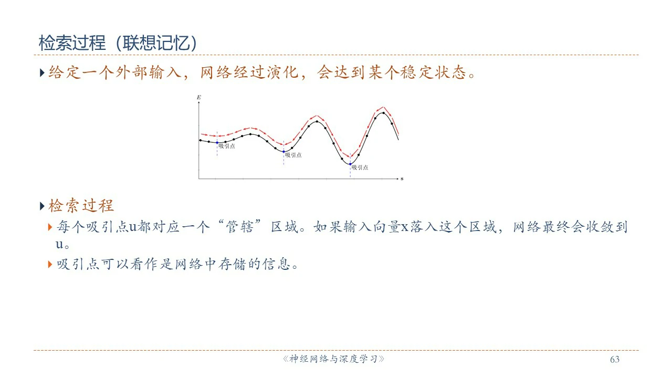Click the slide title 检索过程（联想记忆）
pyautogui.click(x=118, y=43)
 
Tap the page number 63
pyautogui.click(x=615, y=360)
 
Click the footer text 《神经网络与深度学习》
pyautogui.click(x=333, y=359)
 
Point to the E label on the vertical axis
pyautogui.click(x=198, y=97)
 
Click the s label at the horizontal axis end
pyautogui.click(x=402, y=179)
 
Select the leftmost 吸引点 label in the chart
pyautogui.click(x=227, y=146)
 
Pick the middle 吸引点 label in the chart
pyautogui.click(x=293, y=155)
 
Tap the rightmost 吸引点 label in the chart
pyautogui.click(x=360, y=167)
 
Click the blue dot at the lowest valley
pyautogui.click(x=350, y=164)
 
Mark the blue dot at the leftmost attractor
pyautogui.click(x=217, y=143)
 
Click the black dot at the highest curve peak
pyautogui.click(x=383, y=113)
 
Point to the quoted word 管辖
pyautogui.click(x=239, y=227)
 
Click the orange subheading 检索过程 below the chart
pyautogui.click(x=81, y=206)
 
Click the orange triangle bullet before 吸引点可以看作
pyautogui.click(x=50, y=264)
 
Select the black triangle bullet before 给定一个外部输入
pyautogui.click(x=42, y=72)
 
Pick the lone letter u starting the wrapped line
pyautogui.click(x=59, y=245)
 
